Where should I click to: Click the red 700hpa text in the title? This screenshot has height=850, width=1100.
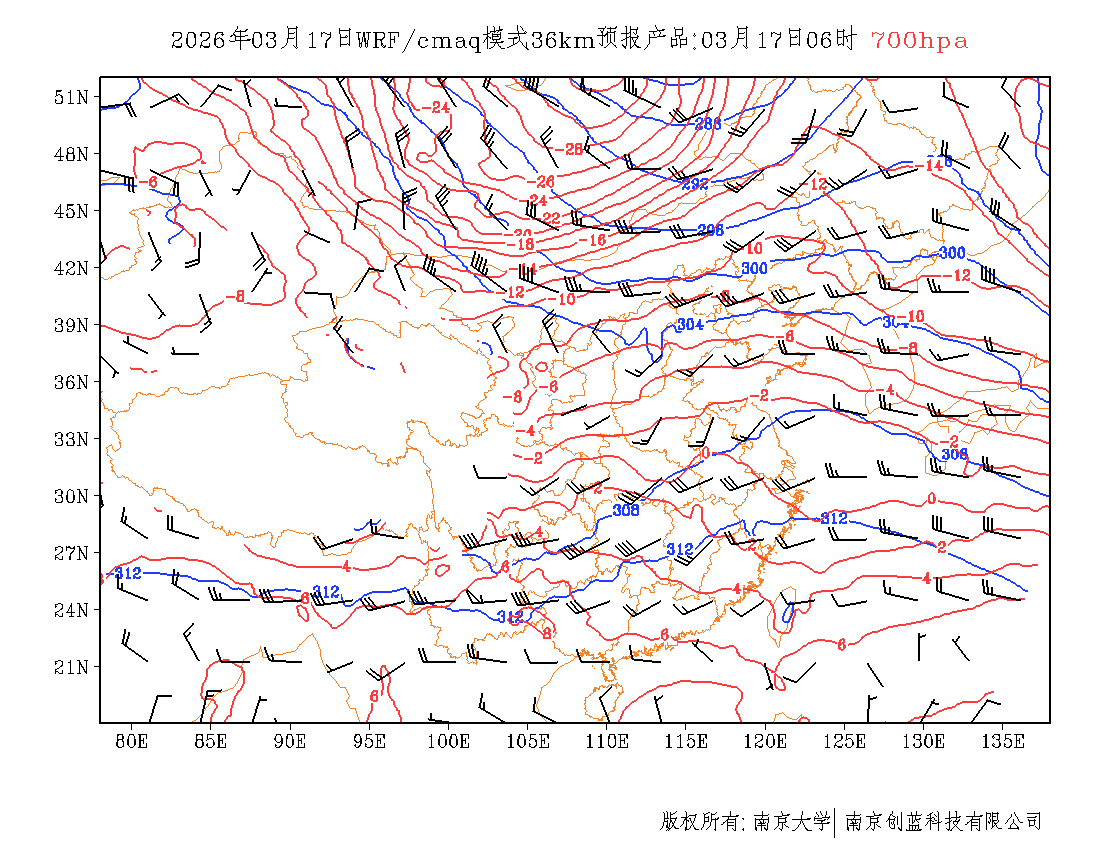[x=919, y=41]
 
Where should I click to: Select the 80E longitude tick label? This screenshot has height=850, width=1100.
[x=132, y=741]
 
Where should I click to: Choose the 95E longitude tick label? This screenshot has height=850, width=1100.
[x=370, y=741]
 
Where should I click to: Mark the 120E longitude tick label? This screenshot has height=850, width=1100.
[x=766, y=741]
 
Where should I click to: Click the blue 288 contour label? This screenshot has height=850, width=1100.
[x=708, y=124]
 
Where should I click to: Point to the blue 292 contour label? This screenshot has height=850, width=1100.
[x=695, y=184]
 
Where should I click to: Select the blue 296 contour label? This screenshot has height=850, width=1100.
[x=710, y=230]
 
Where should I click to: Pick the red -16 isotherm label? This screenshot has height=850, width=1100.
[x=594, y=241]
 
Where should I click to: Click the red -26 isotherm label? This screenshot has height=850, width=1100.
[x=541, y=182]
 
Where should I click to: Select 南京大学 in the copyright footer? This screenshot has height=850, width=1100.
[x=791, y=822]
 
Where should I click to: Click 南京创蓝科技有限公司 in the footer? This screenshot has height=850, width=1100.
[x=944, y=822]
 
